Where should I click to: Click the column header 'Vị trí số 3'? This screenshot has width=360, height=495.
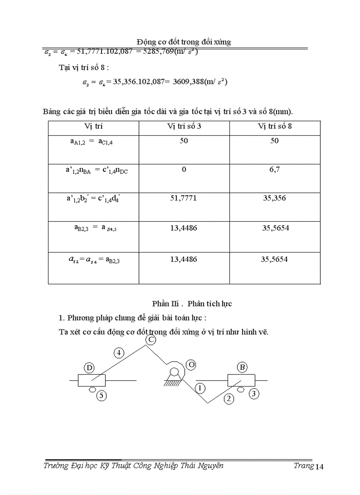click(184, 126)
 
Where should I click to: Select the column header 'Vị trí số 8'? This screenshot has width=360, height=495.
click(274, 126)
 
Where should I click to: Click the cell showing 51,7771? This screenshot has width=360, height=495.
click(184, 198)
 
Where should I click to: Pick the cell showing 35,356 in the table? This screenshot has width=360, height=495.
click(274, 198)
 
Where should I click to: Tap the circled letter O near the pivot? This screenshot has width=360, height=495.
click(191, 365)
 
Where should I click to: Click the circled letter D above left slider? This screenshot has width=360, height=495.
click(90, 368)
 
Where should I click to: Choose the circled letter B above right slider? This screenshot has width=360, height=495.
click(242, 367)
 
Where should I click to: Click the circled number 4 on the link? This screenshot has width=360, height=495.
click(119, 353)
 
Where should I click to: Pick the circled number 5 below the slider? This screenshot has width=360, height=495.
click(101, 395)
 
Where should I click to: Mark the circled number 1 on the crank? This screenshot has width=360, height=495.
click(200, 388)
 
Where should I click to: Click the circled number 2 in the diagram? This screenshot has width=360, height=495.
click(229, 399)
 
